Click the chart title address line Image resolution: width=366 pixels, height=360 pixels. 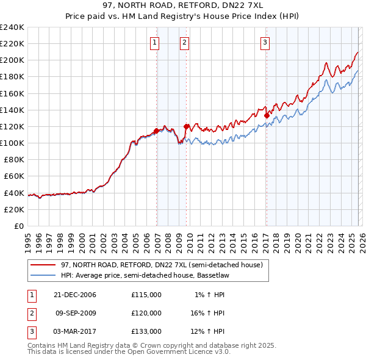[183, 5]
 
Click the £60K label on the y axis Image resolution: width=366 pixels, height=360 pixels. [14, 176]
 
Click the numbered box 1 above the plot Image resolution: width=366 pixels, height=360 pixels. [155, 43]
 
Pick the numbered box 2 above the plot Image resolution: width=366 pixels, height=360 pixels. [184, 43]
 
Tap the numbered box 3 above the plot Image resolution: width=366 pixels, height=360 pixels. [265, 43]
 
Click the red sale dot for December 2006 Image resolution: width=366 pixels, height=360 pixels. [157, 131]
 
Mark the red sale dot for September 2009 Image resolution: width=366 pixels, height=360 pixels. [186, 126]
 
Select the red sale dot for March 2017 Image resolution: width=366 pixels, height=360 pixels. [267, 115]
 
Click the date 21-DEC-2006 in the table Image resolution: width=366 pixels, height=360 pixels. [74, 295]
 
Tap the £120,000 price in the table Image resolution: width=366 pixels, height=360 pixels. [146, 313]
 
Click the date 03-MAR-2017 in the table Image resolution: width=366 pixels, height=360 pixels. [74, 331]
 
